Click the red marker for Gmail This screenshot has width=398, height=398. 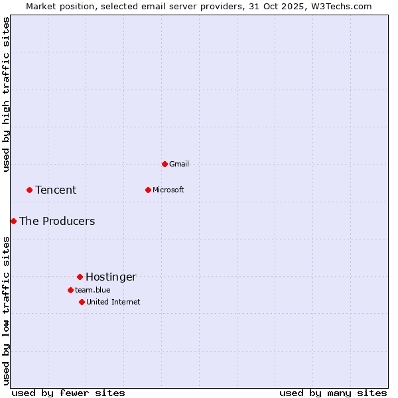[165, 164]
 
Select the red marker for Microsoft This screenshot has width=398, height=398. [148, 190]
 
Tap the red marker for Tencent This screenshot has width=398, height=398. [29, 190]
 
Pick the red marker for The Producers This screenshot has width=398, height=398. [13, 221]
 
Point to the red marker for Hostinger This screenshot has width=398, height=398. [80, 277]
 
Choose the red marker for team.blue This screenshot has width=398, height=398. [70, 290]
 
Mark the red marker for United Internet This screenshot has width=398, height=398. [82, 302]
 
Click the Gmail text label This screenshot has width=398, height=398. [179, 164]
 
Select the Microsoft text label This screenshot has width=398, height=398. [168, 190]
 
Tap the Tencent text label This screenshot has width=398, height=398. [56, 190]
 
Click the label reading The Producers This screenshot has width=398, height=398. [57, 222]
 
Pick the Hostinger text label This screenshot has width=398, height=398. [111, 277]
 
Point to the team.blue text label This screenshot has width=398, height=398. [92, 290]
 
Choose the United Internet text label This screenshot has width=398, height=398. [113, 302]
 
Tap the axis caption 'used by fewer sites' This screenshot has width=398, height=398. [68, 393]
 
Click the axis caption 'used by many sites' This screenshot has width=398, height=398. [333, 393]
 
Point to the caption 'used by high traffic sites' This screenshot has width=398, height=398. [6, 94]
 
